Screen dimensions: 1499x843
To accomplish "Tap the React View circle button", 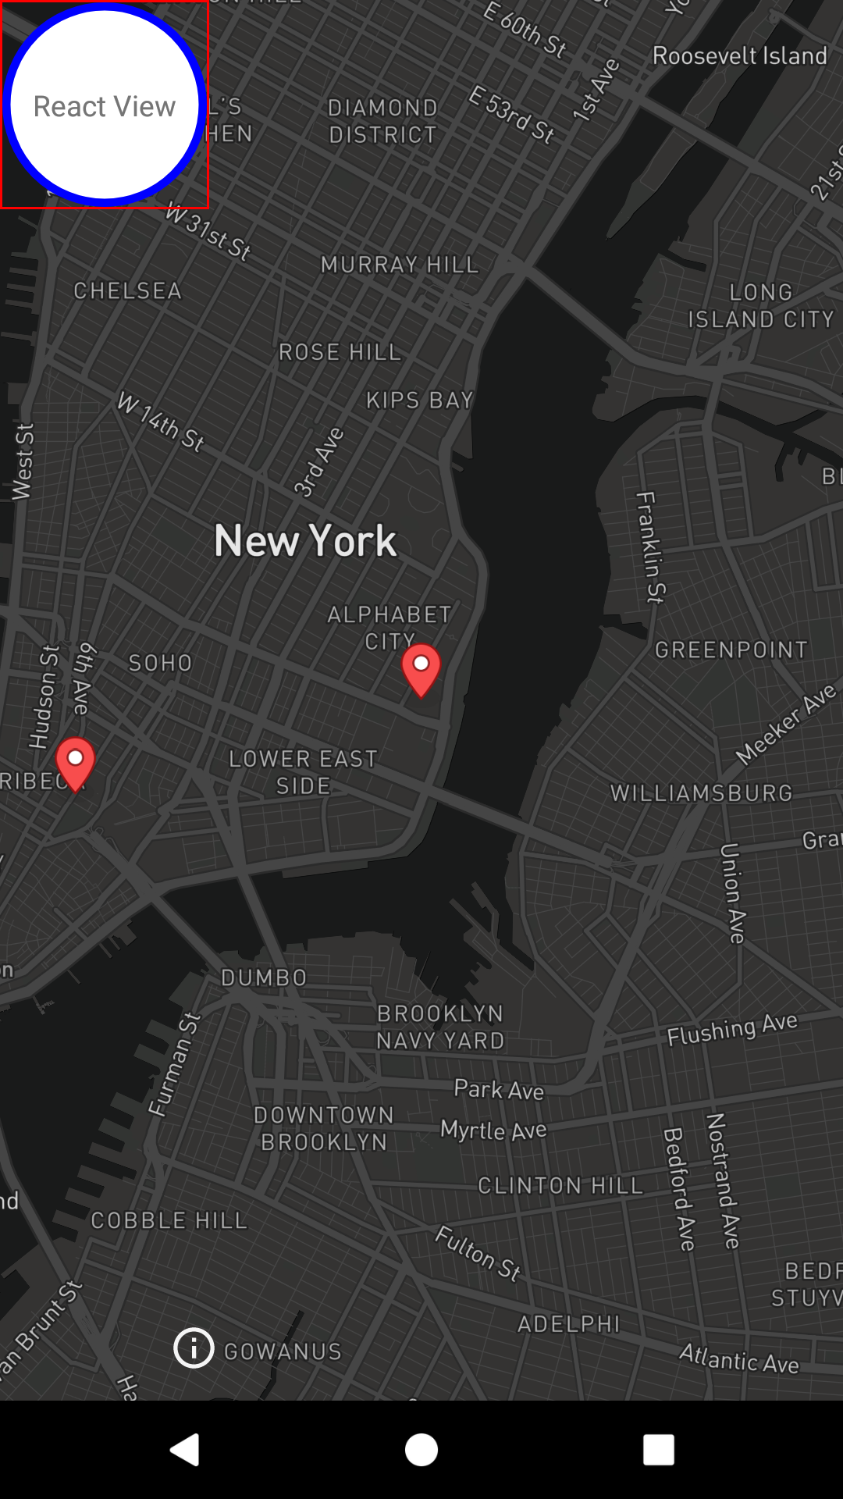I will click(105, 105).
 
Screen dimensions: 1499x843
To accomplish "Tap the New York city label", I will click(305, 540).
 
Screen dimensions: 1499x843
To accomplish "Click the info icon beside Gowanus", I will click(194, 1348).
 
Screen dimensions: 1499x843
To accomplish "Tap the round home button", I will click(421, 1450).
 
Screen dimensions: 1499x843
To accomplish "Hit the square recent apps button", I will click(658, 1450).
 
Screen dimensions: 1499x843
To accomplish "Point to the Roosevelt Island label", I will click(739, 56).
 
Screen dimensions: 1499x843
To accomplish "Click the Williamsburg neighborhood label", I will click(701, 793).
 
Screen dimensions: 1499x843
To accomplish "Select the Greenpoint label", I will click(731, 650).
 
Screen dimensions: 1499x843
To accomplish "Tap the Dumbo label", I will click(264, 977).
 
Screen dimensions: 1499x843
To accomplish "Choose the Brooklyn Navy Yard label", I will click(440, 1027).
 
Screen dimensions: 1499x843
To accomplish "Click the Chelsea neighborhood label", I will click(127, 291).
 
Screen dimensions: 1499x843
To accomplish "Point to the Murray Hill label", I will click(400, 265).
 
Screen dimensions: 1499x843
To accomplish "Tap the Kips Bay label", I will click(420, 401).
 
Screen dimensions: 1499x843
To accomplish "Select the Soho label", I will click(160, 664).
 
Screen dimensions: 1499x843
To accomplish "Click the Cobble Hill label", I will click(169, 1220).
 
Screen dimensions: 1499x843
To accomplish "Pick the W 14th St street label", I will click(161, 423).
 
